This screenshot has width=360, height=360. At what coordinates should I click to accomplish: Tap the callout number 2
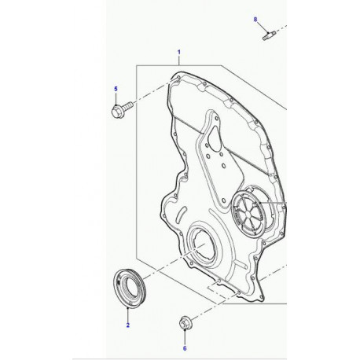pos(126,324)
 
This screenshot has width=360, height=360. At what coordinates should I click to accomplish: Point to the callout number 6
pos(185,346)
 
